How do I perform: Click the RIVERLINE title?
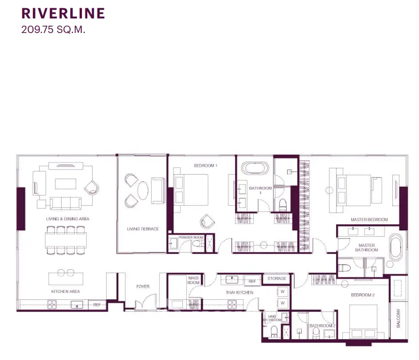(x=63, y=14)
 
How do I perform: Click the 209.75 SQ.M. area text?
(x=53, y=30)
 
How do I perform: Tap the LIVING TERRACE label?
(x=143, y=229)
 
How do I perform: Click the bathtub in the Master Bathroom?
(x=396, y=247)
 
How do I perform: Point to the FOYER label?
(x=143, y=287)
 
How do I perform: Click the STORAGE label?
(x=277, y=278)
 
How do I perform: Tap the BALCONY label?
(x=399, y=318)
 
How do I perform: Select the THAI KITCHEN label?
(x=240, y=293)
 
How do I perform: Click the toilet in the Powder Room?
(x=198, y=244)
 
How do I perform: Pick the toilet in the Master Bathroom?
(x=344, y=268)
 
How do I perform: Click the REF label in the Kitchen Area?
(x=97, y=305)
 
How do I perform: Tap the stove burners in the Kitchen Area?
(x=52, y=305)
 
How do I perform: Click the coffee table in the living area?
(x=65, y=184)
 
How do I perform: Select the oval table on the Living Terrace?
(x=143, y=191)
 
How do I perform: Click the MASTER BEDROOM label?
(x=369, y=219)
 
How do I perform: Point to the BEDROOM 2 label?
(x=363, y=295)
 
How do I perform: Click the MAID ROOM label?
(x=193, y=280)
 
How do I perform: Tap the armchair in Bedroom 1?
(x=208, y=221)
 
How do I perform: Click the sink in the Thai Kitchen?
(x=232, y=279)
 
